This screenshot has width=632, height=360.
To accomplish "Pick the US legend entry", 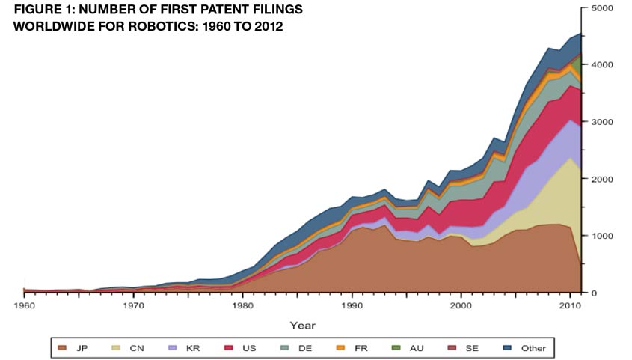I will pyautogui.click(x=239, y=348).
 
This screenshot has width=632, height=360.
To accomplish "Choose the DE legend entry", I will pyautogui.click(x=293, y=348).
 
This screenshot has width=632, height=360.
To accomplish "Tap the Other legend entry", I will pyautogui.click(x=524, y=348).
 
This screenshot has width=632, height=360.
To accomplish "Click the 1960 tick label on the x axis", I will pyautogui.click(x=25, y=305).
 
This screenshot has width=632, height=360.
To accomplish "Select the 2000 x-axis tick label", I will pyautogui.click(x=461, y=305).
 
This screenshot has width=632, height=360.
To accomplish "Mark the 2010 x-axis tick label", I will pyautogui.click(x=571, y=305).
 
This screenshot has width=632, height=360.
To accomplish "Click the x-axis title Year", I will pyautogui.click(x=302, y=324).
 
